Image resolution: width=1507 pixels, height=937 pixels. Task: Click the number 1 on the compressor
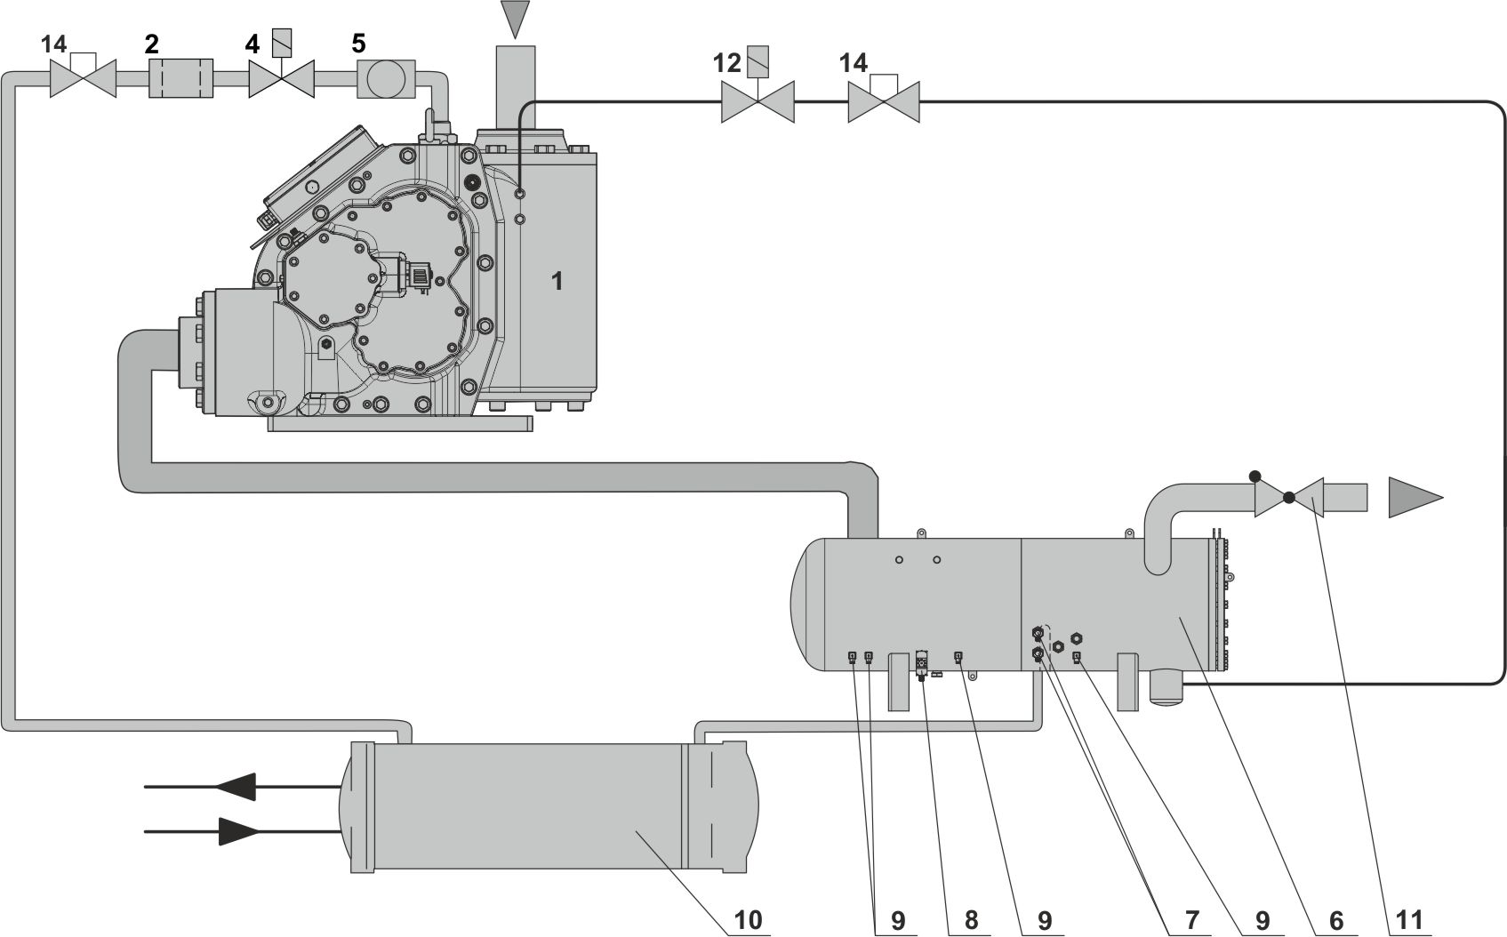coord(557,282)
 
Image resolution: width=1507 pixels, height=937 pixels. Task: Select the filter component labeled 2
coord(180,79)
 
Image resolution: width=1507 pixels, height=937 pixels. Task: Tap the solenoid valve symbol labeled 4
coord(282,79)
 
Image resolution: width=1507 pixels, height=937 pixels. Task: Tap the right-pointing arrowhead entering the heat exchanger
coord(237,831)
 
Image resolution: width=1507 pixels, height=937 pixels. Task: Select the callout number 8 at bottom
coord(971,919)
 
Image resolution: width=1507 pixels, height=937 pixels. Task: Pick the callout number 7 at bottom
coord(1191,919)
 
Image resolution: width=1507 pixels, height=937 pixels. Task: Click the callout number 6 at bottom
coord(1335,919)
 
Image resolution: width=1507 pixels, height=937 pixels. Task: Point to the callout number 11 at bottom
coord(1409,919)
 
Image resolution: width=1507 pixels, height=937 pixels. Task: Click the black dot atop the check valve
coord(1255,476)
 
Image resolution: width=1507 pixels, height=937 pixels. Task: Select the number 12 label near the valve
coord(726,63)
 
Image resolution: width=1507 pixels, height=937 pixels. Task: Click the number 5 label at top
coord(357,44)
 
